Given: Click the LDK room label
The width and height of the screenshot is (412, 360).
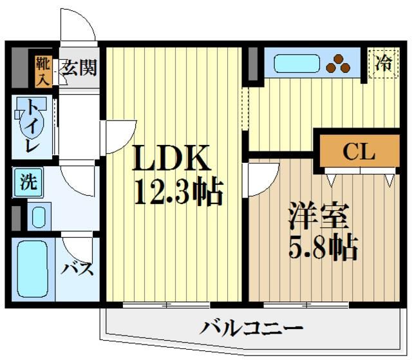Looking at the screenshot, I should coord(172,156).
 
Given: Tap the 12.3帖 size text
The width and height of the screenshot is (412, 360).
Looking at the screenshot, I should coord(178,191).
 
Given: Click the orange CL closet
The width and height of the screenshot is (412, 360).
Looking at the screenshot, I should coord(358,152).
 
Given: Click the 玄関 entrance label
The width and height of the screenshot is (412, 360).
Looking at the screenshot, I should coord(80,66).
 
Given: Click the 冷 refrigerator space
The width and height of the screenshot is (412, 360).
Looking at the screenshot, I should coord(384,64).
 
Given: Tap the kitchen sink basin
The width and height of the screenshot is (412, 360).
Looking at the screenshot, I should coord(297,64).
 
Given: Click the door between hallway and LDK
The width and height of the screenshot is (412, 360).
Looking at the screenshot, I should coord(120,137).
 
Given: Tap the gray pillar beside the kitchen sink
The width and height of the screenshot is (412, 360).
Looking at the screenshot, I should coord(253,63).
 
